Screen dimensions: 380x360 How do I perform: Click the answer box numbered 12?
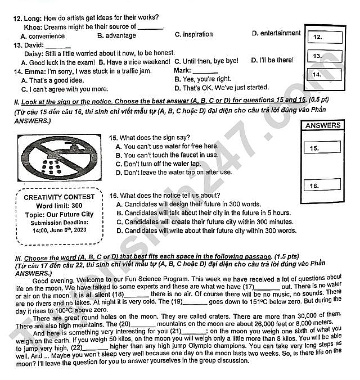point(326,37)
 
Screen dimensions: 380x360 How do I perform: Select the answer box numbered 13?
point(326,56)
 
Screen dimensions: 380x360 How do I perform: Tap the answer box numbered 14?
point(326,74)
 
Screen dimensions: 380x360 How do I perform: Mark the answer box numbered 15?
point(325,148)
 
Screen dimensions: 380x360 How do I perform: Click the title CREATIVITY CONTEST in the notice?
point(60,197)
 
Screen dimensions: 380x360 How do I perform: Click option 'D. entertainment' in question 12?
point(276,33)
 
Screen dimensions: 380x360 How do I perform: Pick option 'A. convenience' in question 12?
point(43,35)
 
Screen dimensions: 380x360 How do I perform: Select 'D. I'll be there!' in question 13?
point(272,60)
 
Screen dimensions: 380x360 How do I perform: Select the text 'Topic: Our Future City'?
point(59,214)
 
